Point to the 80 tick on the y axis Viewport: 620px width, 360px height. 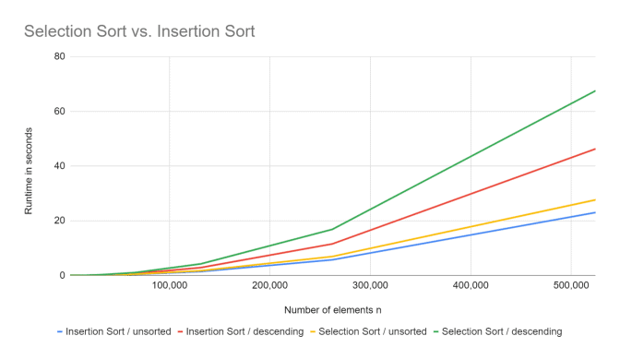coord(60,56)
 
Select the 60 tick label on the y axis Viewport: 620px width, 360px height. coord(60,112)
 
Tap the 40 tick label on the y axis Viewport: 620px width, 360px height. coord(60,166)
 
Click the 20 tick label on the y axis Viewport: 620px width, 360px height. coord(60,221)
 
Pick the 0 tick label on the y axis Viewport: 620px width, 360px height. coord(63,275)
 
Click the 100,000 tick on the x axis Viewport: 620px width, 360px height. coord(169,286)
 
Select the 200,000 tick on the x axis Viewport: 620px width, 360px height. coord(269,286)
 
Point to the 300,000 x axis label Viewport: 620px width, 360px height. coord(370,286)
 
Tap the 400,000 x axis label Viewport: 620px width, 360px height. coord(471,286)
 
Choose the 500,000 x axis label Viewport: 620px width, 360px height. coord(571,286)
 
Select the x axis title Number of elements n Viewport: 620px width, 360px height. coord(333,309)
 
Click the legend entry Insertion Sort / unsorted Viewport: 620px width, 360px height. coord(119,330)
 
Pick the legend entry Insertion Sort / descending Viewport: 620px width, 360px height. coord(244,330)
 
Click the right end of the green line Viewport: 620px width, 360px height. coord(595,90)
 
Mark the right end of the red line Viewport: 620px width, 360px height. coord(595,149)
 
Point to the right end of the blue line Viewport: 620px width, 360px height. coord(595,212)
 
